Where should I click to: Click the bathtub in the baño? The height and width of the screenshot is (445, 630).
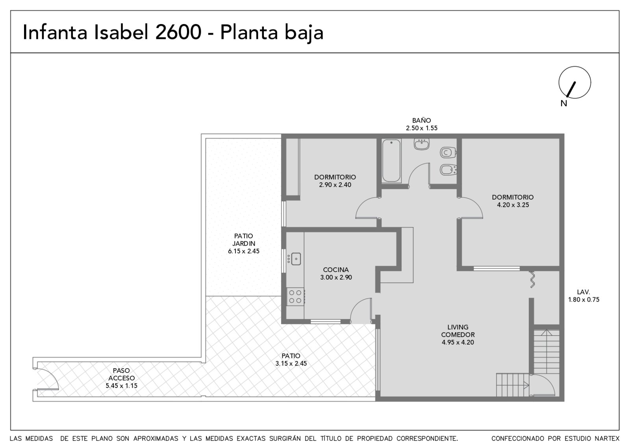point(391,161)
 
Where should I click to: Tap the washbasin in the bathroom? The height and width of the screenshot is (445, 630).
point(422,144)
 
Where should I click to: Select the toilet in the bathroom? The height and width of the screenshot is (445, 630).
point(448,153)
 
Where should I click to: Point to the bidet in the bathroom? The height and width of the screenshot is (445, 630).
point(448,170)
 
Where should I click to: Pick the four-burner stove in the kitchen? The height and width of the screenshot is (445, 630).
point(295,297)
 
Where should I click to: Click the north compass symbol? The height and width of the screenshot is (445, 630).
point(574,82)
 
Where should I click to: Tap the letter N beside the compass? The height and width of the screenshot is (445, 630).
point(563,104)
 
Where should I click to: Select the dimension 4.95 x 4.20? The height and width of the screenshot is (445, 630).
point(458,342)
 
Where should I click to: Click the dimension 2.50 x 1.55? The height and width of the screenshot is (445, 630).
point(422,128)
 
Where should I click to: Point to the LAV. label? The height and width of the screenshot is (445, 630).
point(583,292)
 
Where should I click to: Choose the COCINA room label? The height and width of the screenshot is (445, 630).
point(336,270)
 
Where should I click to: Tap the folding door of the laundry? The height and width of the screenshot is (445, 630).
point(532,280)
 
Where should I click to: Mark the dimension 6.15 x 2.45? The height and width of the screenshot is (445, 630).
point(244,251)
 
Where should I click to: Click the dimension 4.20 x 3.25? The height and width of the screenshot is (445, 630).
point(513,205)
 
